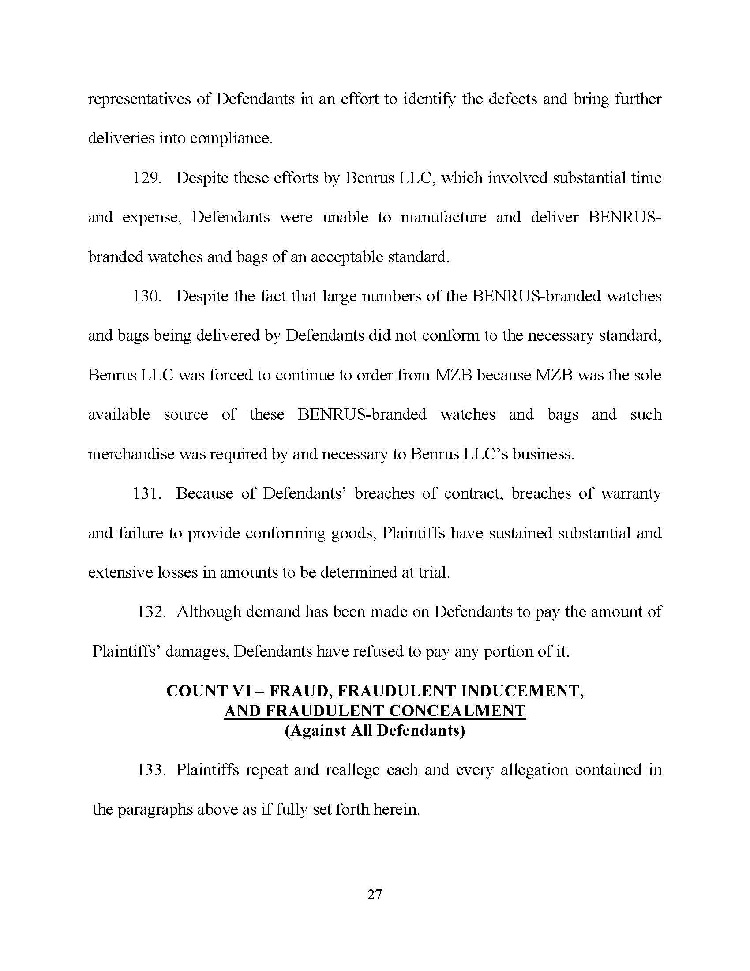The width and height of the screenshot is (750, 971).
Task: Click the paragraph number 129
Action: click(146, 178)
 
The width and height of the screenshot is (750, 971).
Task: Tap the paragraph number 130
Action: click(146, 297)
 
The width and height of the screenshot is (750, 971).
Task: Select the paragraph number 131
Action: click(146, 493)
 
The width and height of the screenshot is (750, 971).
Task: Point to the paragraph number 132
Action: click(151, 612)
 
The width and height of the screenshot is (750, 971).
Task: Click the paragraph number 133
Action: click(151, 770)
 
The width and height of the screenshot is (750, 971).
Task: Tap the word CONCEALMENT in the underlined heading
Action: click(457, 711)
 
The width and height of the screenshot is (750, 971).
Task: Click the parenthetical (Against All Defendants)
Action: click(375, 731)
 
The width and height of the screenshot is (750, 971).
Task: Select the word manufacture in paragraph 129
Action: click(443, 218)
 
